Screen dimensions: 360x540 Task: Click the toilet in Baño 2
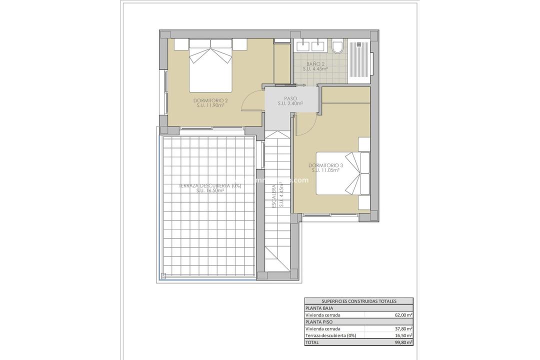pos(338,47)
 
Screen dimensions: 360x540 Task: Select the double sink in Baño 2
pos(309,46)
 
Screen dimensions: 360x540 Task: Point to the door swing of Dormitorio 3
pos(305,123)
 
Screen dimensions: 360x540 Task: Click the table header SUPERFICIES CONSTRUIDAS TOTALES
pos(358,301)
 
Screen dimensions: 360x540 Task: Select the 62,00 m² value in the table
pos(402,315)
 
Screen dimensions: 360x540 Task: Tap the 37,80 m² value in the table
pos(402,329)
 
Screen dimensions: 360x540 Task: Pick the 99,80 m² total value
pos(402,342)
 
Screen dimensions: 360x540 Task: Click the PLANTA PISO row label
pos(319,322)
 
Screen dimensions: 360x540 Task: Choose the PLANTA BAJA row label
pos(319,308)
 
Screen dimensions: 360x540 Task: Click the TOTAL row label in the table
pos(312,342)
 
